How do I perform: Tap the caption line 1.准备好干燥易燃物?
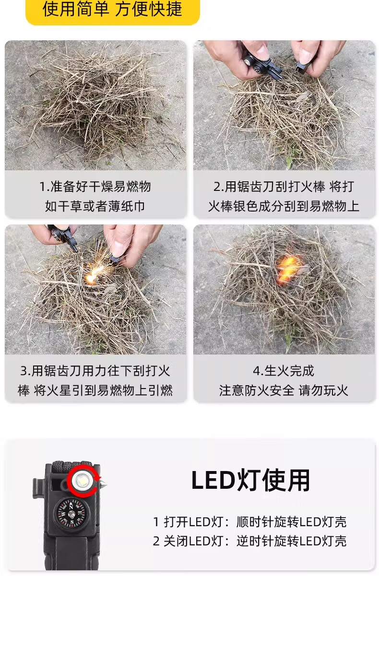coord(95,186)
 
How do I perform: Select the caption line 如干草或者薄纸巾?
coord(95,206)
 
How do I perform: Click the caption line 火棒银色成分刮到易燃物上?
coord(284,206)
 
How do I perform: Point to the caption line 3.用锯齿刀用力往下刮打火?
coord(95,371)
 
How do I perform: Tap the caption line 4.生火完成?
coord(284,371)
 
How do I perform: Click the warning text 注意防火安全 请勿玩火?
coord(284,390)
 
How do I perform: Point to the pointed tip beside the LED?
coord(104,484)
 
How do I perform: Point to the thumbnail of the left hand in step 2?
coord(261,52)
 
